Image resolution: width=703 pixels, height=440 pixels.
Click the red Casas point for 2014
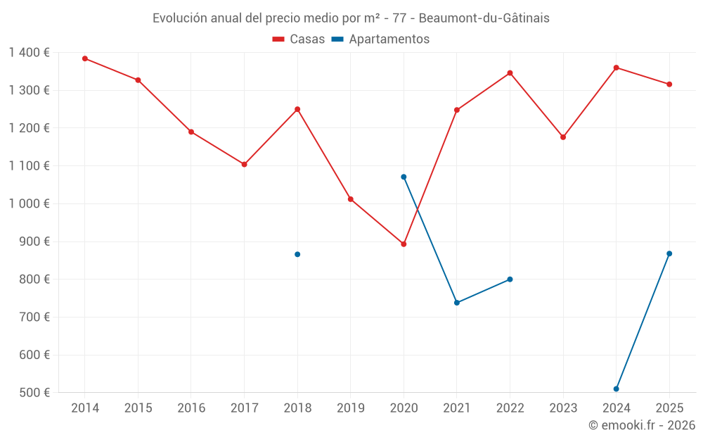click(85, 58)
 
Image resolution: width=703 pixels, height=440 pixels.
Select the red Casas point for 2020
click(404, 244)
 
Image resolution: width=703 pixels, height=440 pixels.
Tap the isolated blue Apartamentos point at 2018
click(297, 254)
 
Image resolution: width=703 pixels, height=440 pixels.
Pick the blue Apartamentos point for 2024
click(617, 389)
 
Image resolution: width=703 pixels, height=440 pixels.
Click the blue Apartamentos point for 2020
click(404, 177)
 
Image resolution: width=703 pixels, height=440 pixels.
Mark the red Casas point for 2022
click(510, 73)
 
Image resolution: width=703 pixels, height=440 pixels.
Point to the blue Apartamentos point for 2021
click(457, 303)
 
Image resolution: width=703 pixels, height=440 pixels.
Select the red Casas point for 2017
click(244, 164)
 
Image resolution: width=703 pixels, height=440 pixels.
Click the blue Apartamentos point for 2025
click(669, 253)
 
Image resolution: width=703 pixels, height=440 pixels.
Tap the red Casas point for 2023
click(563, 137)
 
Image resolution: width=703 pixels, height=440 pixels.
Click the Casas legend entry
click(299, 39)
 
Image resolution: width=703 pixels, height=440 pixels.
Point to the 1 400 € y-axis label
click(29, 53)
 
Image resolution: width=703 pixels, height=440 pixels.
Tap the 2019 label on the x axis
click(350, 408)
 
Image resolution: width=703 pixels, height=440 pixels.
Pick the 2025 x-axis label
click(669, 408)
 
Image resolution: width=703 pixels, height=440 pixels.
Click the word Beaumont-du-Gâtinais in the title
click(484, 18)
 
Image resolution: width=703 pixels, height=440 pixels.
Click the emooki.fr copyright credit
click(642, 425)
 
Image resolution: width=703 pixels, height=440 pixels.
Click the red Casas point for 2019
click(350, 199)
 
